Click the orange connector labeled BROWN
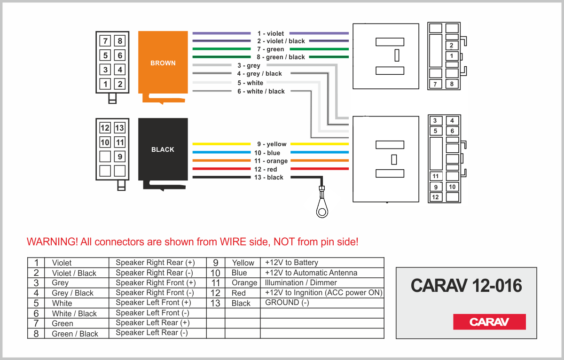163,63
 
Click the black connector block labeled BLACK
163,149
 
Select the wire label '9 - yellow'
272,144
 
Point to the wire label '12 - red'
266,169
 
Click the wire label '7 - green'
270,49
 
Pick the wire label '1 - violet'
270,33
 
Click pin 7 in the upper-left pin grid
105,41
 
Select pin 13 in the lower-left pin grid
119,128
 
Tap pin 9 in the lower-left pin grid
120,157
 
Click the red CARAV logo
489,322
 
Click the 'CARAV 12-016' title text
466,285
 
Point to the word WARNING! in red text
52,242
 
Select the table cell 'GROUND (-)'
287,303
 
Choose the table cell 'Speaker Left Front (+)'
153,303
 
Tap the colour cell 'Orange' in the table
244,283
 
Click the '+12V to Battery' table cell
291,263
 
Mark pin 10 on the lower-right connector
452,187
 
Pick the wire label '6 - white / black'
261,91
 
